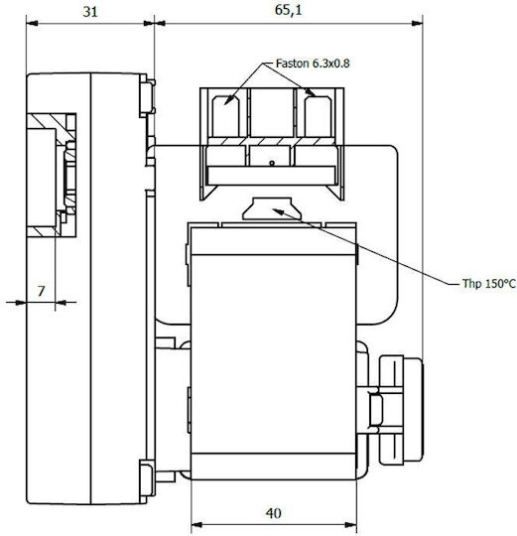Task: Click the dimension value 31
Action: (x=90, y=12)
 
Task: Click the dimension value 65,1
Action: (x=288, y=10)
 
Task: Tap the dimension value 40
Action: (x=273, y=513)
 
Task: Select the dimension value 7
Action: (x=41, y=291)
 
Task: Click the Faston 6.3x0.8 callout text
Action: (x=313, y=64)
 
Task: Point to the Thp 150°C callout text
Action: (x=489, y=284)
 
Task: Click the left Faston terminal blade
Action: (x=225, y=116)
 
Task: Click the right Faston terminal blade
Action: (x=318, y=116)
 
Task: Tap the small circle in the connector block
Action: (x=272, y=163)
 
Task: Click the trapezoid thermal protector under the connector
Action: (x=272, y=208)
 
